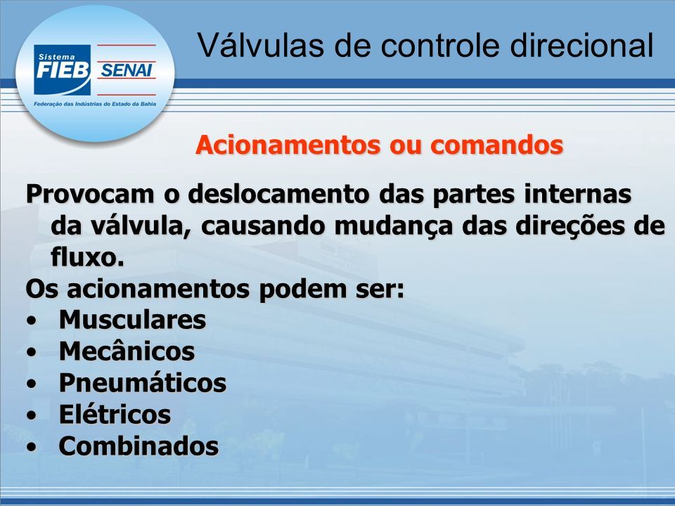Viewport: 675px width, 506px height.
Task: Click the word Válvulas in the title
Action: click(x=262, y=45)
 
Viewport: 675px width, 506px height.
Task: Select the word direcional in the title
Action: click(x=582, y=45)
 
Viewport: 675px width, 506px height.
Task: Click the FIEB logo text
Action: click(x=63, y=70)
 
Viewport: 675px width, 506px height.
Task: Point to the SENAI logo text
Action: click(x=127, y=70)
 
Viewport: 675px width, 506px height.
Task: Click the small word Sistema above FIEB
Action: click(x=56, y=57)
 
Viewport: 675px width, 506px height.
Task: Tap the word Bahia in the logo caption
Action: click(x=148, y=104)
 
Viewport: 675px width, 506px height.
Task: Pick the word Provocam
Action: click(x=90, y=194)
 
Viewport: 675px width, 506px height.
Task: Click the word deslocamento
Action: click(x=280, y=194)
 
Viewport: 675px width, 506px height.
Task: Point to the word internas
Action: click(x=578, y=194)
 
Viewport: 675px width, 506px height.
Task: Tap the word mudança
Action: click(x=394, y=226)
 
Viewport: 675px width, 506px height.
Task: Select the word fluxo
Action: click(x=87, y=257)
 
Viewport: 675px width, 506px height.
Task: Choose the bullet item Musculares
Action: click(x=133, y=320)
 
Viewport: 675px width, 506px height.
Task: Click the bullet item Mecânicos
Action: click(x=127, y=351)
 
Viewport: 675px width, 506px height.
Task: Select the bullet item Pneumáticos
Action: click(x=143, y=383)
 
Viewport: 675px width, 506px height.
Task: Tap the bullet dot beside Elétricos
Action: click(x=31, y=415)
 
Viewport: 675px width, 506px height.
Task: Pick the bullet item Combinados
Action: click(x=139, y=446)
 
